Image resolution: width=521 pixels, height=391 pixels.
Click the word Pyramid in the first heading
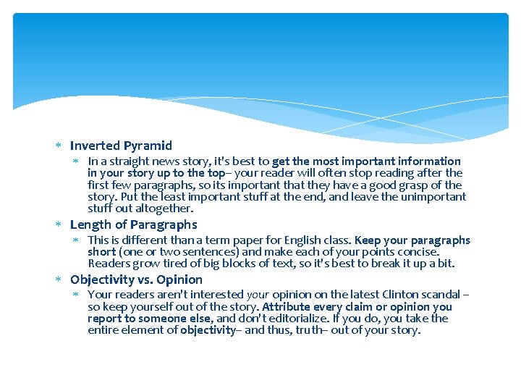click(148, 146)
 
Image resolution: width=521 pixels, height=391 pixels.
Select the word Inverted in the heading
click(95, 146)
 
